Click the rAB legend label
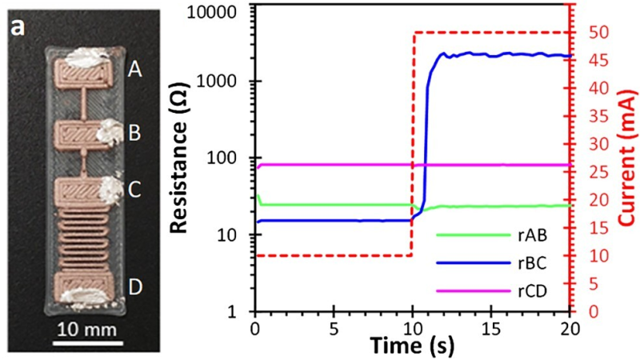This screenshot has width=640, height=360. point(533,235)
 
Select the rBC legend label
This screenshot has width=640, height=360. point(533,263)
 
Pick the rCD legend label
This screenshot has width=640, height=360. point(533,291)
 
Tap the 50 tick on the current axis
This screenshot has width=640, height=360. point(597,33)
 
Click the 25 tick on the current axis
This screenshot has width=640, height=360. point(597,172)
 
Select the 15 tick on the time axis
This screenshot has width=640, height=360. point(491,329)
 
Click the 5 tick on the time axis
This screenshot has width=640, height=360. point(334,329)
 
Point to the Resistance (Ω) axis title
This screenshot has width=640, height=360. point(178,158)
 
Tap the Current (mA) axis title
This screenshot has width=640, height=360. point(628,158)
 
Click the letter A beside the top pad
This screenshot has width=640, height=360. point(134,70)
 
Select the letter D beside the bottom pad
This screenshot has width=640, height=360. point(135,287)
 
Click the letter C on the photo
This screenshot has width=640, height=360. point(134,190)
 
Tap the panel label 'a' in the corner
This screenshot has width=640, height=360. point(18,28)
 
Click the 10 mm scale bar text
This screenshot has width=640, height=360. point(87,330)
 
